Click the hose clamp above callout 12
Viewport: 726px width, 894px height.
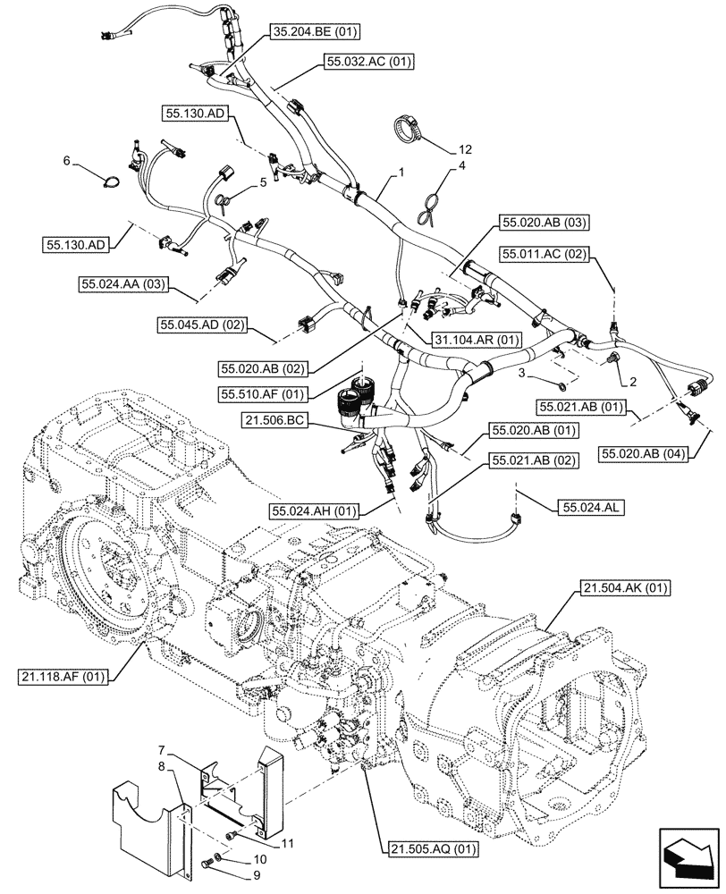[408, 128]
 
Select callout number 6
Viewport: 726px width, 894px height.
[67, 161]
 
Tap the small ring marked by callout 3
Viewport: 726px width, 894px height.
[559, 387]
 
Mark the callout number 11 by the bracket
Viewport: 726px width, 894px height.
[288, 841]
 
